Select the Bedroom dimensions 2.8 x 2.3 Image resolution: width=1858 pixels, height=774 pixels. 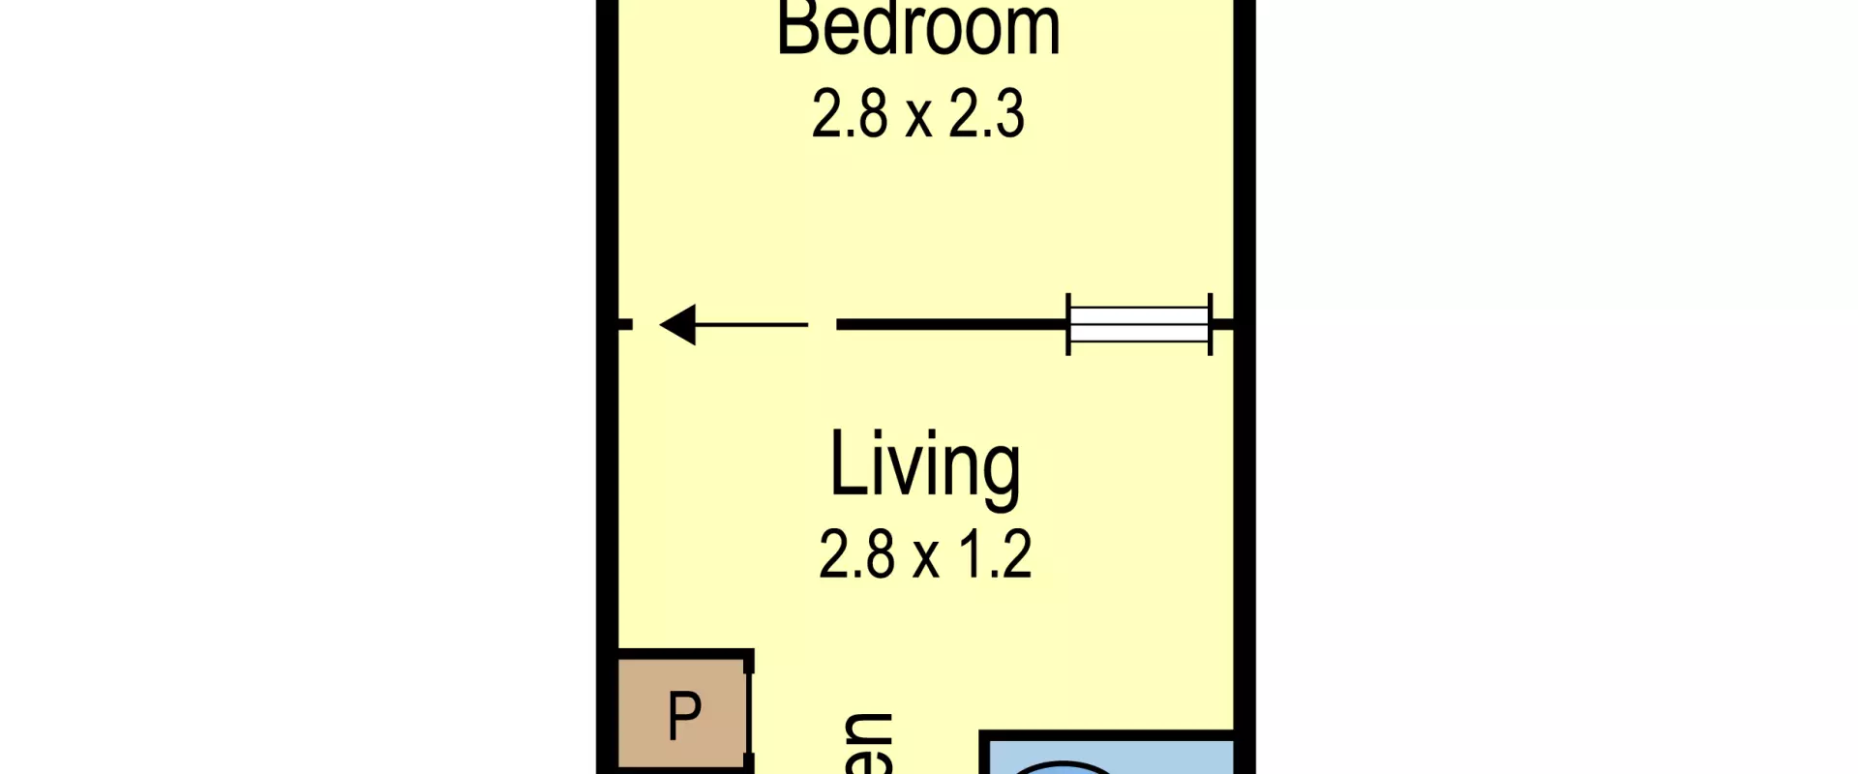[917, 114]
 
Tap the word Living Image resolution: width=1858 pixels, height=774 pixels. [924, 466]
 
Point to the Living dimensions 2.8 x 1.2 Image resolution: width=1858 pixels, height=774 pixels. [924, 554]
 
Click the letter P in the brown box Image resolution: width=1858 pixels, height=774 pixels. [684, 716]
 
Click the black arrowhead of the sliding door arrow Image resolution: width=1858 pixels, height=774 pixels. [679, 325]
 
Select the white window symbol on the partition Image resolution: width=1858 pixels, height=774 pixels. [1139, 325]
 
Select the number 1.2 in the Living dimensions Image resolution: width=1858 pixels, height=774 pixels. [995, 554]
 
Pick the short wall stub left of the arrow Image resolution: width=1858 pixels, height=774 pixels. [625, 325]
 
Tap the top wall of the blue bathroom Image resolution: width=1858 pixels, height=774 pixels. [1108, 737]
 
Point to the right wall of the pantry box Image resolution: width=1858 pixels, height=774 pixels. [750, 716]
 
